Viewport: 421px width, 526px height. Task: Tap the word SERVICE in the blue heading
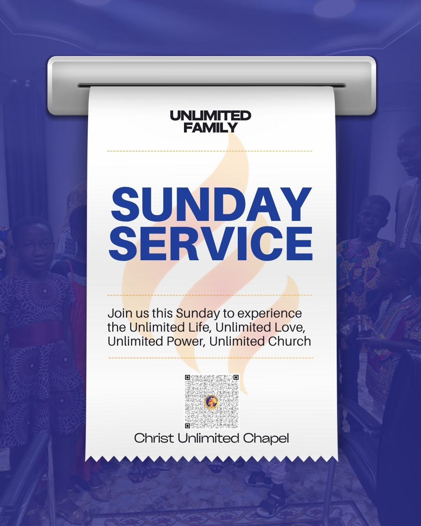[x=211, y=244]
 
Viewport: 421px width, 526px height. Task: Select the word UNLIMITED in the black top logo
[x=210, y=116]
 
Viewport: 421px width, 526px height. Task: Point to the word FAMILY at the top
[x=210, y=127]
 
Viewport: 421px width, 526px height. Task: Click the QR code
[x=211, y=402]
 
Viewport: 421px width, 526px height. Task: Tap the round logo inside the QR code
[x=211, y=402]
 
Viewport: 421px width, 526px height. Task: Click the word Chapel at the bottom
[x=266, y=438]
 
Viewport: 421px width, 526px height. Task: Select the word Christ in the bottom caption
[x=154, y=438]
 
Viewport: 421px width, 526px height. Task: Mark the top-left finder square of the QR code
[x=188, y=378]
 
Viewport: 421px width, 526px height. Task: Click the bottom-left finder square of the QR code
[x=188, y=426]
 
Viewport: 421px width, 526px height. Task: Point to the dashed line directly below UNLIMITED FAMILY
[x=210, y=151]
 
